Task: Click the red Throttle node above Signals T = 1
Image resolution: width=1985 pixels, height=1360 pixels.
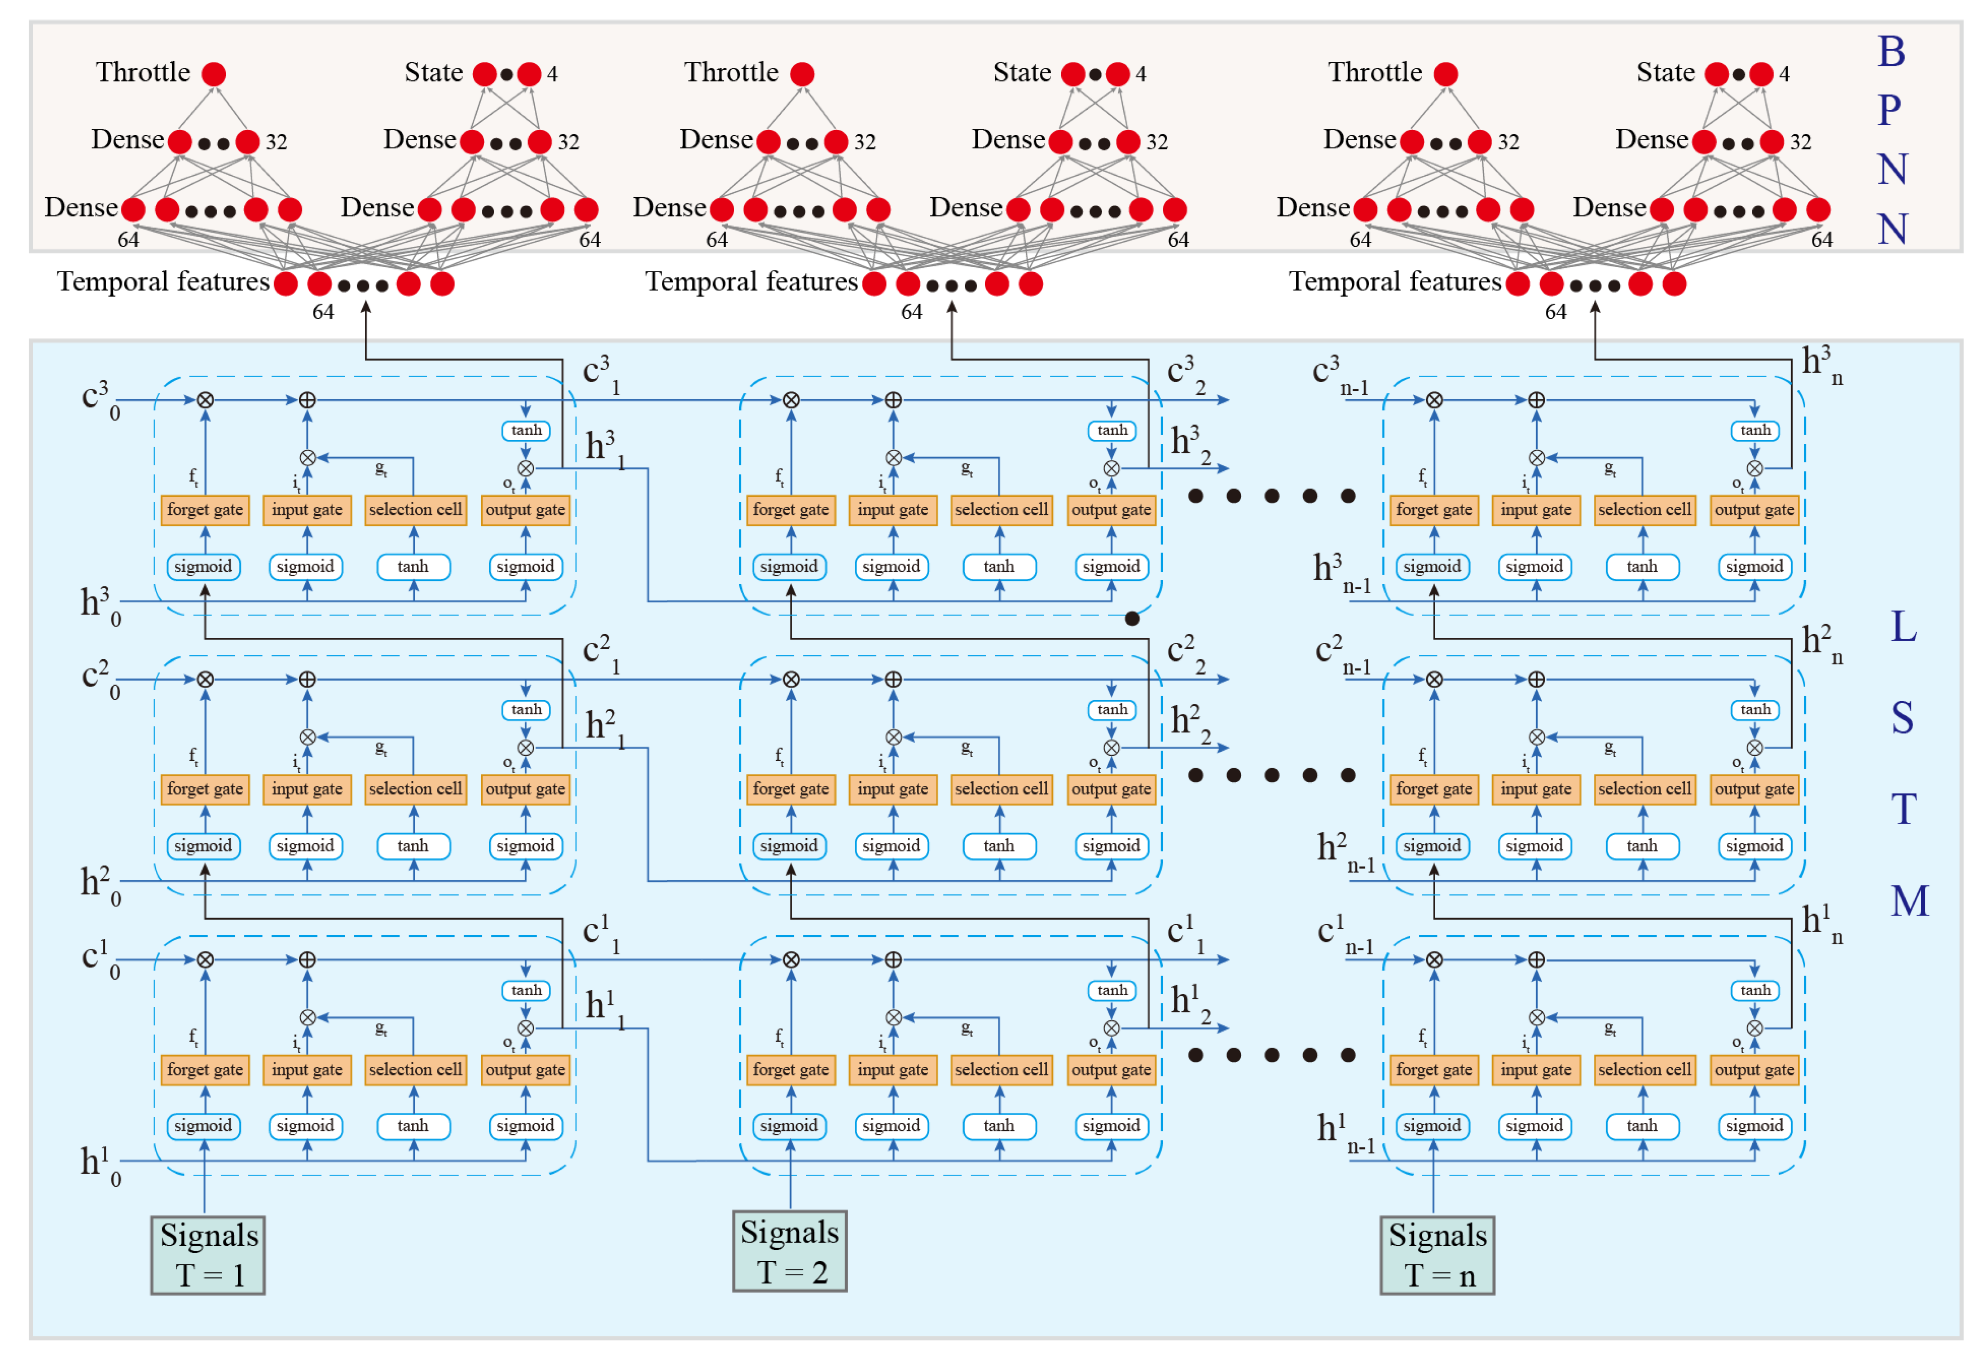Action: point(214,74)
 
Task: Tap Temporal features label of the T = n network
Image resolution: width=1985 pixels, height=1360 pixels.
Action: point(1394,282)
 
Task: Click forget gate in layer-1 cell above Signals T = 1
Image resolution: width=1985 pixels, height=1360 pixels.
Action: point(205,1069)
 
